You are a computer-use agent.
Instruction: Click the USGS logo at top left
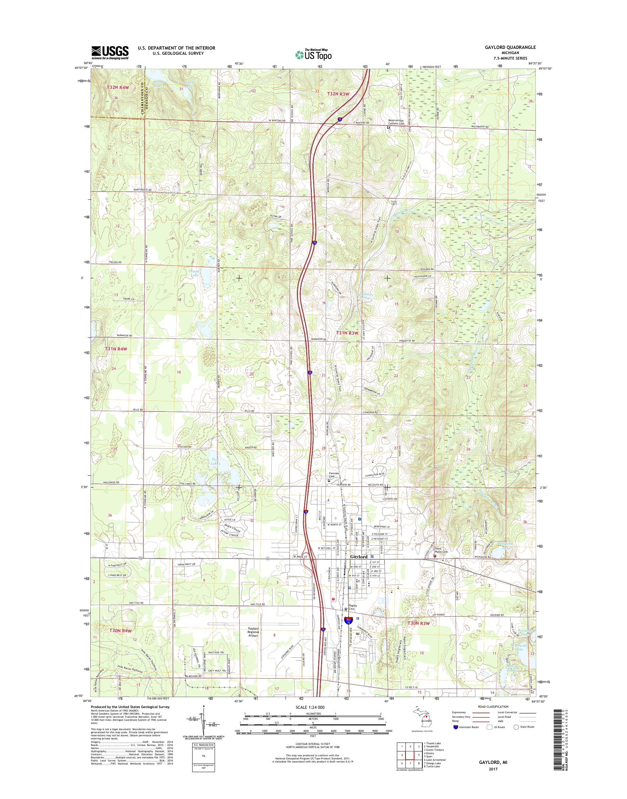tap(110, 52)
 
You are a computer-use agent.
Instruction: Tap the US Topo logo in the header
tap(313, 54)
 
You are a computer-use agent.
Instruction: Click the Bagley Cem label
tap(352, 608)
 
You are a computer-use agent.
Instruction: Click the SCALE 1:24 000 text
tap(310, 717)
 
